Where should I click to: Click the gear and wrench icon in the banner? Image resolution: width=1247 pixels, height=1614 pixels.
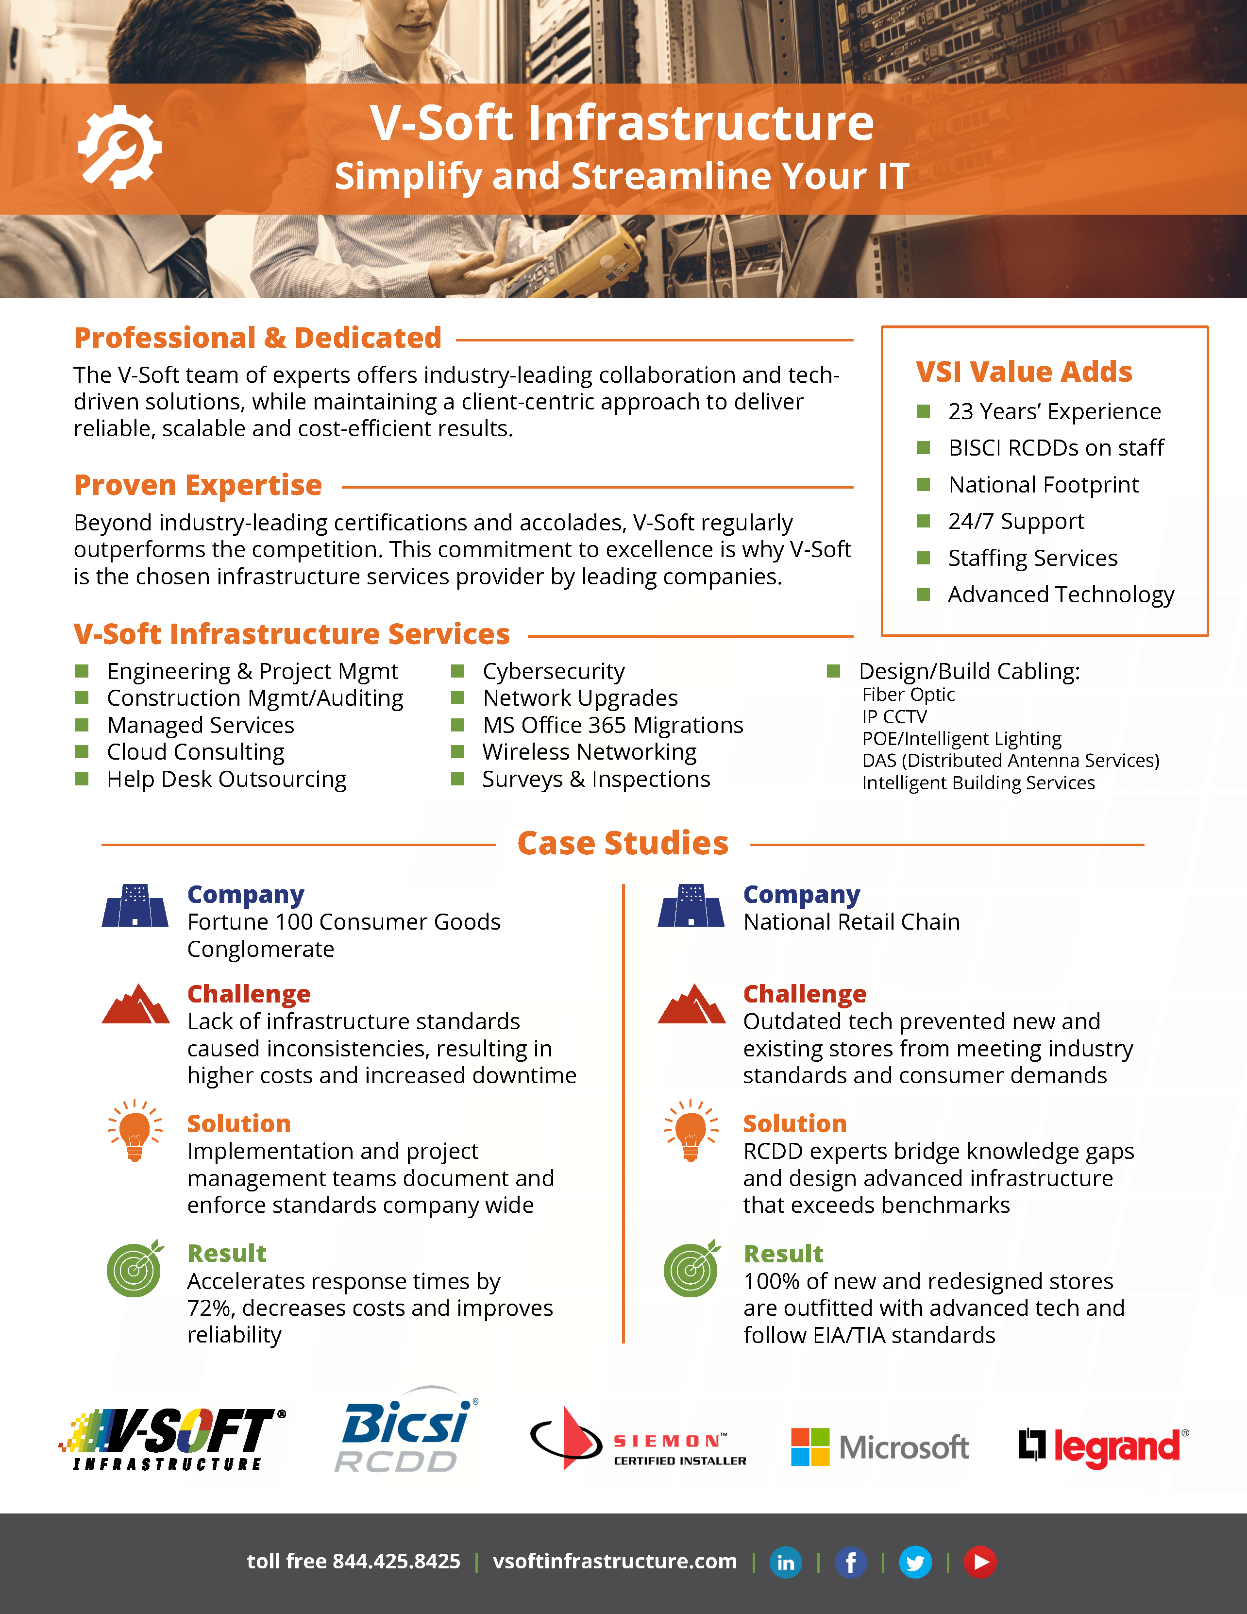click(x=119, y=146)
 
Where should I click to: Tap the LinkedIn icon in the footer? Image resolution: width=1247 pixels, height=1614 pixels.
click(x=785, y=1562)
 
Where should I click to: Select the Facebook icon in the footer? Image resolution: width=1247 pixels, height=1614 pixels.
click(x=850, y=1562)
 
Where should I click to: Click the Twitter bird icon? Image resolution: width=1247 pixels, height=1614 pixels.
click(x=914, y=1562)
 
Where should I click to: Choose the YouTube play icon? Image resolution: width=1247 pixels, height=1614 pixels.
click(x=979, y=1562)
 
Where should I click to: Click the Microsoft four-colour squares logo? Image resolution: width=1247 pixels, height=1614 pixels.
click(x=809, y=1446)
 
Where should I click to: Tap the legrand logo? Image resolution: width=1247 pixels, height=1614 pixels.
click(x=1103, y=1446)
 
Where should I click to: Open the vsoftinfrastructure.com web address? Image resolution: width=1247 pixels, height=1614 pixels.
click(x=615, y=1561)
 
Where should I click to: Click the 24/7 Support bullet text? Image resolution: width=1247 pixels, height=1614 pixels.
click(x=1016, y=521)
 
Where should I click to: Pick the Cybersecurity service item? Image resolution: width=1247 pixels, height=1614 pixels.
click(x=553, y=671)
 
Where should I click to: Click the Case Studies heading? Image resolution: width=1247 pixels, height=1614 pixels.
click(x=623, y=843)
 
